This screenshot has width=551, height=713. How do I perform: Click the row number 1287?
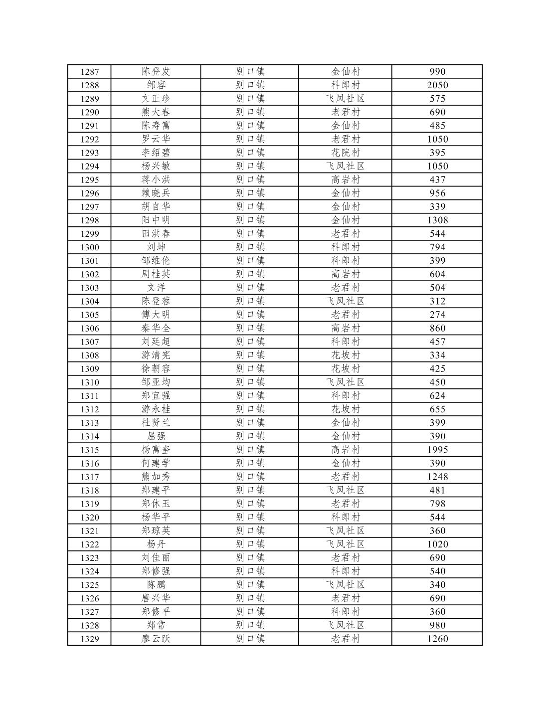coord(90,72)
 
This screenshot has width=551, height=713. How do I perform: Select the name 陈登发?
coord(156,72)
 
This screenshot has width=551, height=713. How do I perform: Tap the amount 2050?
coord(437,85)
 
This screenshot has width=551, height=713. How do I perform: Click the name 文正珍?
coord(156,99)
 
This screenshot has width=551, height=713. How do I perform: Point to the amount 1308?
coord(437,220)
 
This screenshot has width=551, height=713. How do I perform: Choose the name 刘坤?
coord(156,247)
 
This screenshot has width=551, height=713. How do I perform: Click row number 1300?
coord(90,247)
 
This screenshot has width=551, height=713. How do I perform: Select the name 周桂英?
coord(156,274)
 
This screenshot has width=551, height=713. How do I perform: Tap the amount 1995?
coord(437,450)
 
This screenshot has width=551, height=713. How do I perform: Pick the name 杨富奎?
coord(156,450)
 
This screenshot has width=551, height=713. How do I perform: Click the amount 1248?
coord(437,477)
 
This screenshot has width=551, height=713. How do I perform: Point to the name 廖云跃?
coord(156,639)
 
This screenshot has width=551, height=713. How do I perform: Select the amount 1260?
coord(437,639)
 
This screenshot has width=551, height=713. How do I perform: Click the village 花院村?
coord(345,153)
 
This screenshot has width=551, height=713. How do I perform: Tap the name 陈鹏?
coord(156,585)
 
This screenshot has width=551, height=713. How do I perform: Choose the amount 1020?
coord(437,544)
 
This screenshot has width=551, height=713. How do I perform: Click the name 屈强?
coord(156,436)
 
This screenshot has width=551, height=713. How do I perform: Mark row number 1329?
coord(90,639)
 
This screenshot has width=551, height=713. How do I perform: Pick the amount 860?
coord(437,328)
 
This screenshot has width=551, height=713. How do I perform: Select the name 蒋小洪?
coord(156,179)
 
